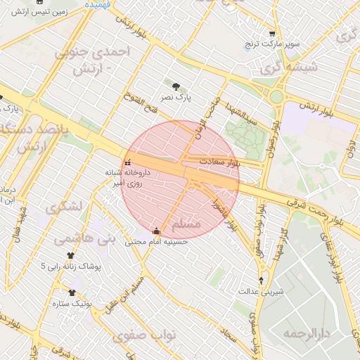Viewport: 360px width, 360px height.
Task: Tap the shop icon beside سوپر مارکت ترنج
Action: coord(271,34)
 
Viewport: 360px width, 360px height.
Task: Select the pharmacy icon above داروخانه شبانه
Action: coord(127,163)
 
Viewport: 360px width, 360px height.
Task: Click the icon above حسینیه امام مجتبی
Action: coord(156,231)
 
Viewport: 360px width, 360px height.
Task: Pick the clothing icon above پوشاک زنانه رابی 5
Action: coord(70,256)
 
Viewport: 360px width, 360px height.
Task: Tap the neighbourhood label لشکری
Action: coord(63,208)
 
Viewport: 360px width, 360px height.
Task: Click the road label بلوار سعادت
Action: coord(219,162)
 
